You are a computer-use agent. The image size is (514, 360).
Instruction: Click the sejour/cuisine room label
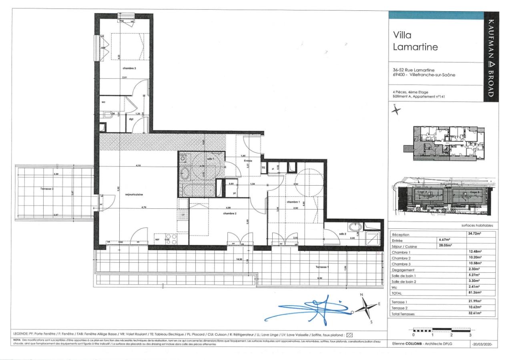click(134, 194)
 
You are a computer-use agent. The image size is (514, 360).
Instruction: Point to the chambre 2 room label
click(230, 213)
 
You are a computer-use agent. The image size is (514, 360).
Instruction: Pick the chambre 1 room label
click(293, 202)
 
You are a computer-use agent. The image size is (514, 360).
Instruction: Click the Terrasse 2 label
click(47, 188)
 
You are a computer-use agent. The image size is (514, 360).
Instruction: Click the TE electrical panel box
click(263, 168)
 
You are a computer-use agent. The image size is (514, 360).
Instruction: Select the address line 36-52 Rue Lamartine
click(413, 70)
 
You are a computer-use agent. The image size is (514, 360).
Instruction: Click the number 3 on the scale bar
click(470, 335)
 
